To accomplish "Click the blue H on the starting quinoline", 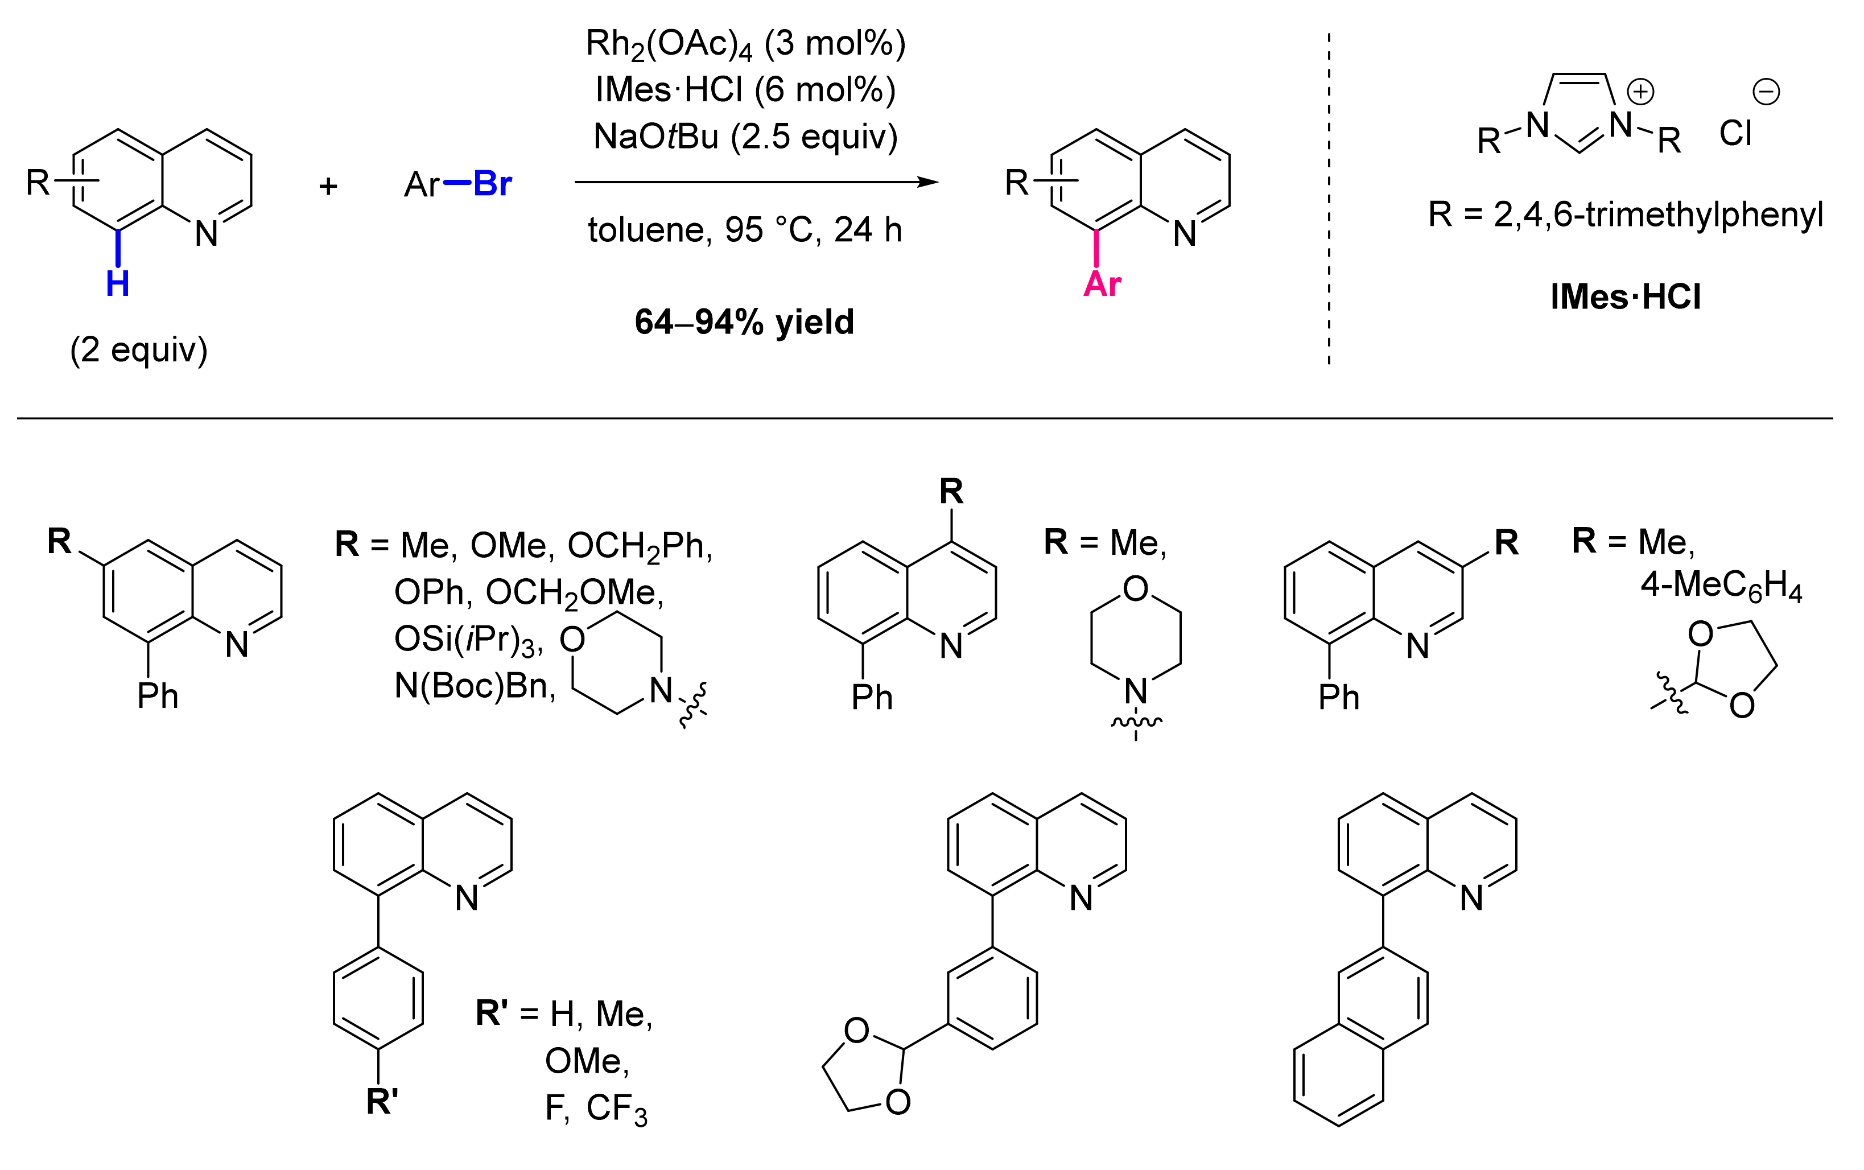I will [x=118, y=284].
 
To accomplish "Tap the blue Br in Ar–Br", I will [x=492, y=184].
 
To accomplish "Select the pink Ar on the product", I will [x=1102, y=284].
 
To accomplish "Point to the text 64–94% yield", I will [x=744, y=322].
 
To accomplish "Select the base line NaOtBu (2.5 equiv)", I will [x=745, y=137].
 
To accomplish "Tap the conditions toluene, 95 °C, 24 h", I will [x=745, y=230].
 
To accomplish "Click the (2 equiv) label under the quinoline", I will [x=139, y=350].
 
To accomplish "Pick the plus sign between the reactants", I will [x=328, y=186].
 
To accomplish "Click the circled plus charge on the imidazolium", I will [x=1640, y=92].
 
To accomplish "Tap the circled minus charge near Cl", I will [x=1766, y=92].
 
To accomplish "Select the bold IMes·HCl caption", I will [x=1626, y=297].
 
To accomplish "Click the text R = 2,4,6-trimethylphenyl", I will [x=1626, y=215].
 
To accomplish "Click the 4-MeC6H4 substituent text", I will [x=1721, y=586].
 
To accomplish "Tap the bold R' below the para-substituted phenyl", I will [x=382, y=1101].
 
